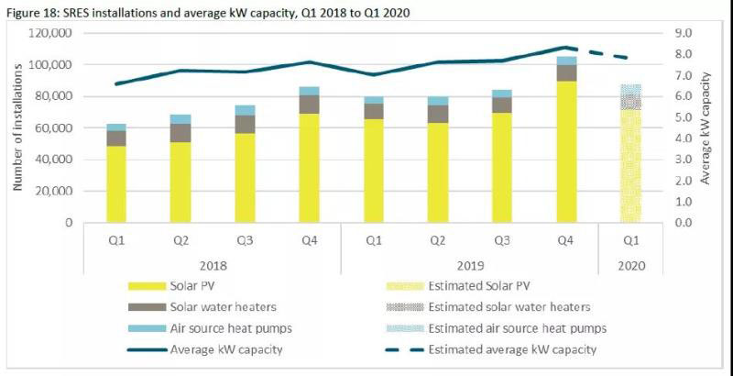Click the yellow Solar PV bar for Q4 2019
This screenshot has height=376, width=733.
(x=567, y=151)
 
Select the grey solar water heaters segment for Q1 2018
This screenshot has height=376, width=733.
(x=116, y=138)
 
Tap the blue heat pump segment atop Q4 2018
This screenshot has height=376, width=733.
(x=310, y=91)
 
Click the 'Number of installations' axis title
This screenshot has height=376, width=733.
(x=17, y=127)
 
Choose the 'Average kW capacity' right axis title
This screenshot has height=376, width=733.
(x=706, y=127)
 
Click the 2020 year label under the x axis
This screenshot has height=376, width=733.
(x=630, y=265)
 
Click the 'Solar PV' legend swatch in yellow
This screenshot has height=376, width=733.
(x=143, y=285)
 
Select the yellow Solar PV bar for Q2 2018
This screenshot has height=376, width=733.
(x=181, y=182)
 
